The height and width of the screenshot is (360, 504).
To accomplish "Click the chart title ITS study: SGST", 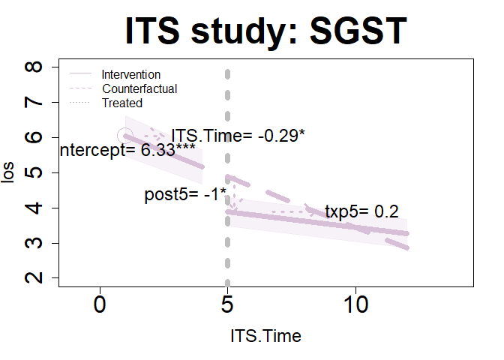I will point(265,31).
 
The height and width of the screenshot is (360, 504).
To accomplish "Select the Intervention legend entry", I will point(130,75).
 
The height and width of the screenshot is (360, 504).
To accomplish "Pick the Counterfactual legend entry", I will point(139,88).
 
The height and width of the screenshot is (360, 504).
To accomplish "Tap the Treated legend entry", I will point(122,103).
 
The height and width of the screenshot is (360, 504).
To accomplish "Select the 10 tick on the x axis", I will point(355,307).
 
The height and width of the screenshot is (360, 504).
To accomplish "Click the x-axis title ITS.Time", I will point(265,337).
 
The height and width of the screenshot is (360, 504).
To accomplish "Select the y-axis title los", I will point(9,173).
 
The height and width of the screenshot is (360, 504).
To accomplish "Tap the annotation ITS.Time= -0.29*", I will point(238,136).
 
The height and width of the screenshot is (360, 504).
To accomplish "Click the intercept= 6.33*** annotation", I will point(128,150).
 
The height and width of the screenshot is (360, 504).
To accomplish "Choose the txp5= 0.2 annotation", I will point(361,212).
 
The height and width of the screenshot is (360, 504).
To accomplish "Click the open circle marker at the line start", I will point(125,136).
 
